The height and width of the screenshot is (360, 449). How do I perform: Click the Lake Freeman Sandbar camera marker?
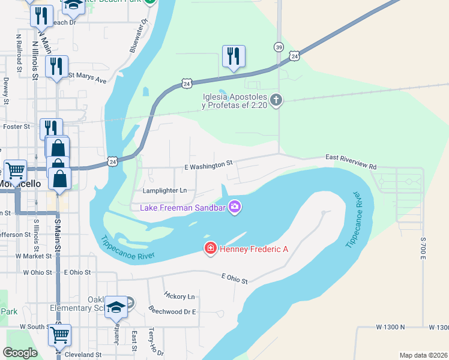tap(234, 207)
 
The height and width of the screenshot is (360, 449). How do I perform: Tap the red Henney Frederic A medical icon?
tap(211, 248)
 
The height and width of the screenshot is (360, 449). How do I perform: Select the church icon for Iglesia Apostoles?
tap(276, 100)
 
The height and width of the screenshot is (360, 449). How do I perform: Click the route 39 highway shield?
tap(279, 47)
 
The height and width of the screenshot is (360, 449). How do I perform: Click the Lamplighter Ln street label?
tap(165, 191)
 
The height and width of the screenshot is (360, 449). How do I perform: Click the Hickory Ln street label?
tap(179, 296)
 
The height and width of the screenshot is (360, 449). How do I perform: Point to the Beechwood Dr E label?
tap(173, 311)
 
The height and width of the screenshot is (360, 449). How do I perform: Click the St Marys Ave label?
tap(87, 76)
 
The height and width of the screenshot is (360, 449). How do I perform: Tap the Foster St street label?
tap(16, 127)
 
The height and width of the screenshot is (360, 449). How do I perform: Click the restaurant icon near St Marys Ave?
tap(57, 65)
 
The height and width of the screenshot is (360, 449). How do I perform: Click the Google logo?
tap(20, 353)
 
